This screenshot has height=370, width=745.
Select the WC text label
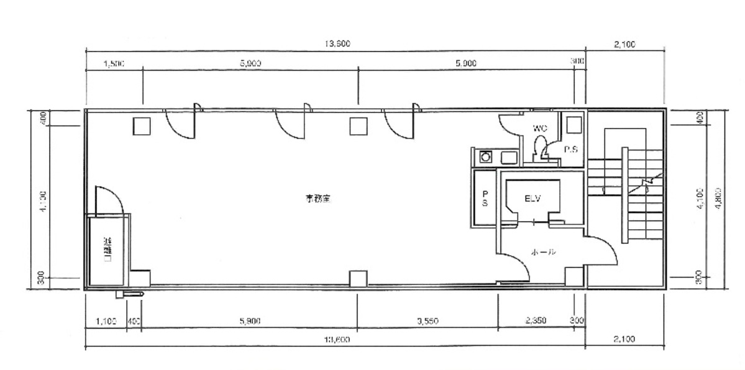tap(539, 128)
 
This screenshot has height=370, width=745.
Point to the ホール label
tap(542, 253)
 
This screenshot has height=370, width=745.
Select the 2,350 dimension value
tap(535, 320)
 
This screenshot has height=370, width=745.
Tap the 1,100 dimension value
tap(106, 320)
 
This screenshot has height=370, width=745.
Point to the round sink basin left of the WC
tap(485, 156)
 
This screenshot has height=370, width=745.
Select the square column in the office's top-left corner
tap(140, 126)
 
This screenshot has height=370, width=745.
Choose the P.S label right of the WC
tap(570, 150)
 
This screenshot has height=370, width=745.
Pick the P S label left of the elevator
tap(484, 198)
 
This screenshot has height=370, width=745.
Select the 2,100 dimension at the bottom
tap(623, 339)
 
